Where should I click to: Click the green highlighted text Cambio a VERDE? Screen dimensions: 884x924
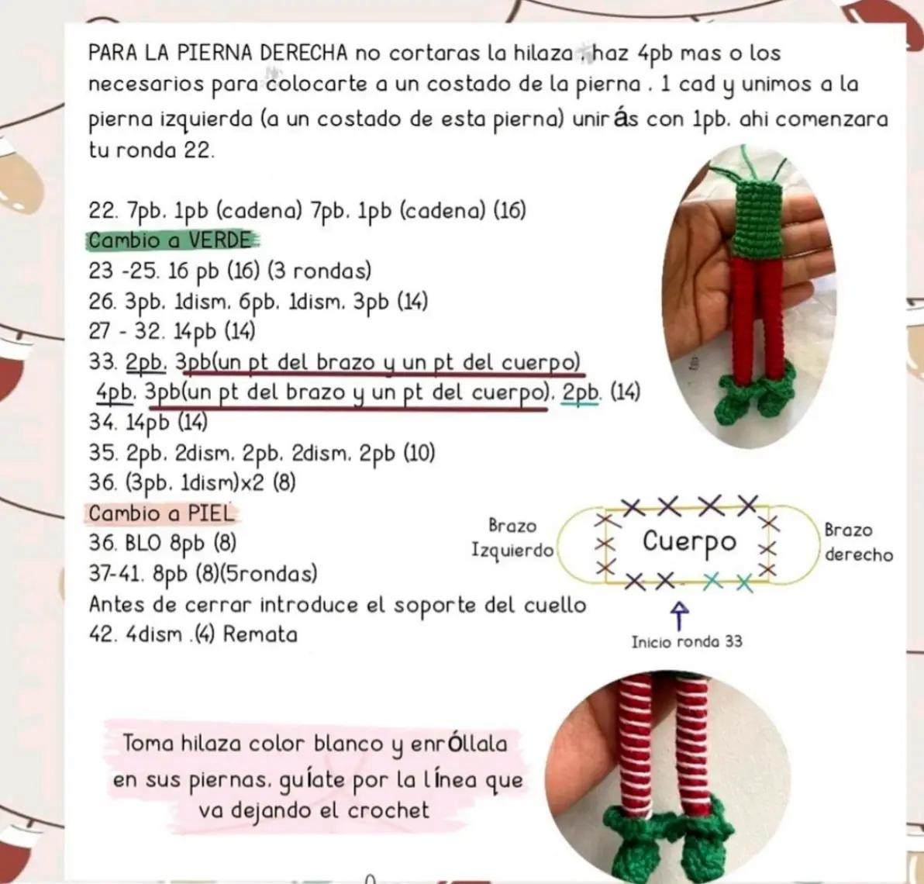pos(171,240)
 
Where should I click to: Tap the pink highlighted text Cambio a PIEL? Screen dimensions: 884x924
pos(161,513)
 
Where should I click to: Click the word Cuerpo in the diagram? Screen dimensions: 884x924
pos(688,541)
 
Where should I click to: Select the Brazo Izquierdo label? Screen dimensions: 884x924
pos(512,538)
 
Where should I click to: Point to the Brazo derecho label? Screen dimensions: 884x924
pos(857,543)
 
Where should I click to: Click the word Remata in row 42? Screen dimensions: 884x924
pos(260,634)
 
